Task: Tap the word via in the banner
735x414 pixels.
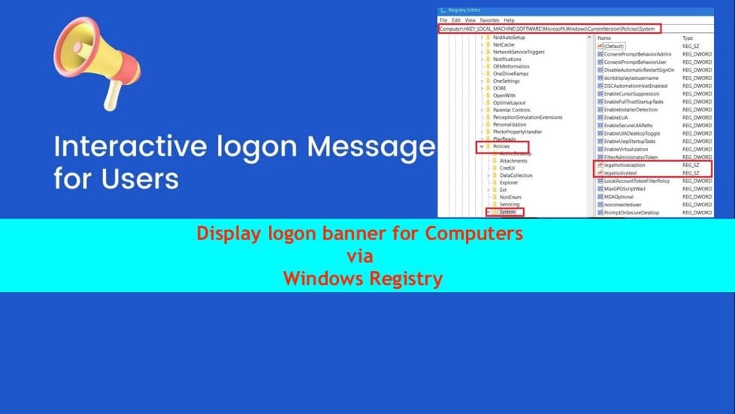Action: click(x=360, y=256)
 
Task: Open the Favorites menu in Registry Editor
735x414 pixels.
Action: click(x=489, y=20)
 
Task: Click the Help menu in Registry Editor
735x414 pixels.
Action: click(x=509, y=20)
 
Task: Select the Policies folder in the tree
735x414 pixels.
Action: click(x=503, y=146)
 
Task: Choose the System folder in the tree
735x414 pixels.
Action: click(x=507, y=212)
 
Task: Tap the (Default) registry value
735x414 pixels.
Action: click(x=614, y=46)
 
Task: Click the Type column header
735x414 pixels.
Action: click(x=688, y=38)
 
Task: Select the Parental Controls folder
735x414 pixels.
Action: click(x=511, y=110)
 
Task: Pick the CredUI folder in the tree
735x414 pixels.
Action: click(x=507, y=168)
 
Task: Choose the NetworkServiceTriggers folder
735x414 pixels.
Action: click(x=519, y=52)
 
